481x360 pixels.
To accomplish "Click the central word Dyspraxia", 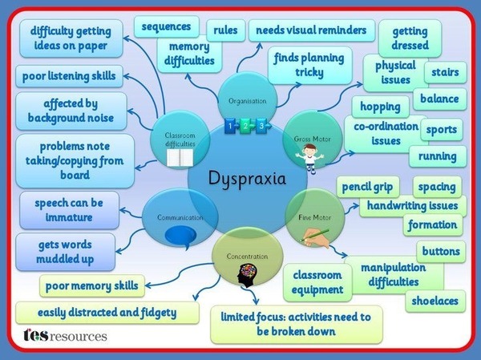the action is [x=247, y=179].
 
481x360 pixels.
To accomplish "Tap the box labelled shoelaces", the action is [x=435, y=301].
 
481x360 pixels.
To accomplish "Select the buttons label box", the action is [x=441, y=251].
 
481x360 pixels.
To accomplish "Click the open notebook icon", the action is [x=180, y=158].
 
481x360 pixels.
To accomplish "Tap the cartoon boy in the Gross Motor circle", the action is [x=310, y=159].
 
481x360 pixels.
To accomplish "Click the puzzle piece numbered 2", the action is [x=246, y=126].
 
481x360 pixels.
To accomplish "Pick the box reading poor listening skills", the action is [x=69, y=76].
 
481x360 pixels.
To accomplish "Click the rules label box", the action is [x=226, y=30].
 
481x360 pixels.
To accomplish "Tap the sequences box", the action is [x=166, y=26].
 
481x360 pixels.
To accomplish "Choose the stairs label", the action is [x=446, y=72].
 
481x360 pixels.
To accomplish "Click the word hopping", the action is [x=380, y=107].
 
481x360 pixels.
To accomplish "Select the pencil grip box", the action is [x=368, y=187].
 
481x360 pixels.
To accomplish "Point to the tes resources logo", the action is [x=65, y=335].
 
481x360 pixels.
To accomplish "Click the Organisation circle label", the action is [x=247, y=101].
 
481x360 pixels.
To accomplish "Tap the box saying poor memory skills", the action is [x=92, y=285].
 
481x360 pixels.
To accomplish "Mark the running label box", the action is [x=438, y=156].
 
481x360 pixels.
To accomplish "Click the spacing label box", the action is [x=437, y=187].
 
